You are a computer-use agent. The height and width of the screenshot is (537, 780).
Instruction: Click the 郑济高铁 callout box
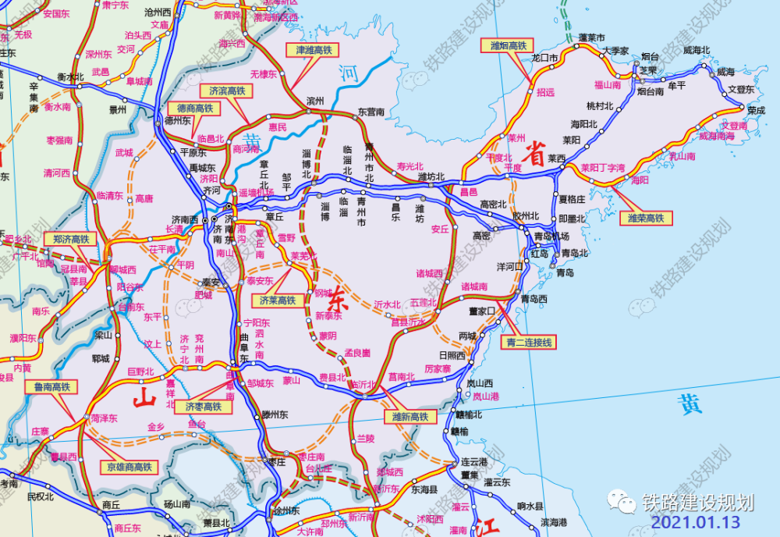click(x=67, y=239)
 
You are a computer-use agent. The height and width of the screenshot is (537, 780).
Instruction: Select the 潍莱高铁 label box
click(x=646, y=219)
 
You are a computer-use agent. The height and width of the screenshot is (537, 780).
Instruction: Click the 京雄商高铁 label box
click(x=128, y=467)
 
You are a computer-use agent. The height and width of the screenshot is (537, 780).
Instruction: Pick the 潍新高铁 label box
click(x=409, y=417)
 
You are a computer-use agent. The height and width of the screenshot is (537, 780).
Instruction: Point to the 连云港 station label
click(x=473, y=461)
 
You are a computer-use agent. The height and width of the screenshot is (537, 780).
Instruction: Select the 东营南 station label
click(x=370, y=112)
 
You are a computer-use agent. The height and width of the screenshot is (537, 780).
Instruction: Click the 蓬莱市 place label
click(x=593, y=37)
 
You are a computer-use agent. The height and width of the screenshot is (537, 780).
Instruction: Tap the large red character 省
click(x=537, y=150)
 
